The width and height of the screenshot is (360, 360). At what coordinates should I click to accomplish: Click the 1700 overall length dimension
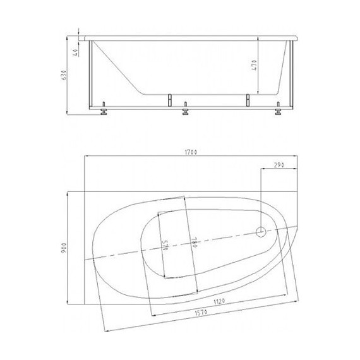point(192,152)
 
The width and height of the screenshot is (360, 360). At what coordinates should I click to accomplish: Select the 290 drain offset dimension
point(278,165)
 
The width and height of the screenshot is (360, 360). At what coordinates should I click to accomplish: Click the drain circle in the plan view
point(261,232)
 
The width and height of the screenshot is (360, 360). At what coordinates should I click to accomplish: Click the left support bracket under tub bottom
point(169,99)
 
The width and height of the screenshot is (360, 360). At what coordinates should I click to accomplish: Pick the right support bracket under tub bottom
point(248,99)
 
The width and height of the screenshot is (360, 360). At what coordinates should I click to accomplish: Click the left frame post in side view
point(93,73)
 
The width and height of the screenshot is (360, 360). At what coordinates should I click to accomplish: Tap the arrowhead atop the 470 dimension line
point(260,38)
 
